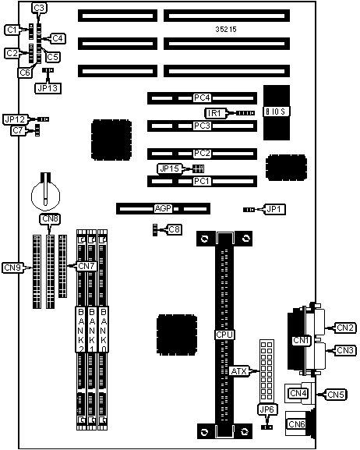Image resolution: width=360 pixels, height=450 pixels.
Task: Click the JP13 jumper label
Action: (48, 88)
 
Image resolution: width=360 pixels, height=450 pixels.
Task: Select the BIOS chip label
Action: (276, 112)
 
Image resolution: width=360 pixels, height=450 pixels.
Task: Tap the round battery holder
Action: (45, 195)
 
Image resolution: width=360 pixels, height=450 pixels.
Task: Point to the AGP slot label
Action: (163, 208)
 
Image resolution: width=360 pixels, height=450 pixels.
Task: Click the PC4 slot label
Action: (203, 97)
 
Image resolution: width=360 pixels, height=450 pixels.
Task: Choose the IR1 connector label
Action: (214, 113)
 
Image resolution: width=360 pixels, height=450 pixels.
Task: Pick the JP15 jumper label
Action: (170, 168)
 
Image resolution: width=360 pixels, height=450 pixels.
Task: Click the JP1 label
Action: (274, 210)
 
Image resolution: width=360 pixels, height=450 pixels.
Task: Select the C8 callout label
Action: (174, 229)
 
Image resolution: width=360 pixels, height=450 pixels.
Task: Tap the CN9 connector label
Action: (12, 268)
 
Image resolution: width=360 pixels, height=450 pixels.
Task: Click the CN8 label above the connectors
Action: (50, 219)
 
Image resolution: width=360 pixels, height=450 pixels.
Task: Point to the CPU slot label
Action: (224, 335)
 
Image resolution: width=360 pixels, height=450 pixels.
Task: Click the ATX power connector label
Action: (238, 371)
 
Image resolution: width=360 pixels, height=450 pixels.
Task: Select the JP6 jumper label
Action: (267, 409)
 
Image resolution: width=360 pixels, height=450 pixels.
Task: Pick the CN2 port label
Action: (345, 328)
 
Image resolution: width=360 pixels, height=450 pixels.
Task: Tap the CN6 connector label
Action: (296, 424)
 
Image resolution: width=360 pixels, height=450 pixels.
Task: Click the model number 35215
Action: (226, 30)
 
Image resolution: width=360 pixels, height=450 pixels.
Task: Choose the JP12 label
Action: (16, 119)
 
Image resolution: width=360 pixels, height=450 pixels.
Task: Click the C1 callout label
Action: (12, 30)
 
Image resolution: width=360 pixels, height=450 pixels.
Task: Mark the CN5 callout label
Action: (336, 395)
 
